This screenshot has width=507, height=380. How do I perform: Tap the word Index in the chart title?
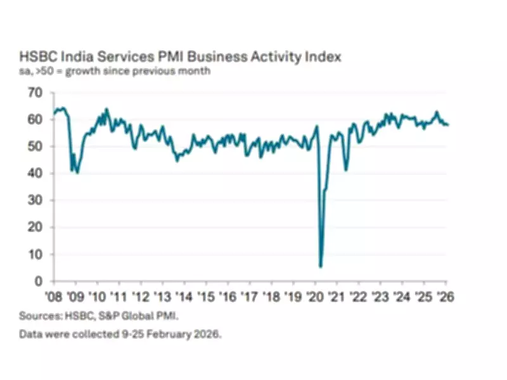323,57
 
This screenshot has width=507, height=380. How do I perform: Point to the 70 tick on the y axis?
37,93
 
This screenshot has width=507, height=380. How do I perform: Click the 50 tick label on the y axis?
37,146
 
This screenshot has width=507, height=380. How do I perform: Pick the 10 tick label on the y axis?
37,255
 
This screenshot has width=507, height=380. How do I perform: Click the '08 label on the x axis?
54,296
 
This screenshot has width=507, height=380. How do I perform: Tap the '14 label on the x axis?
184,296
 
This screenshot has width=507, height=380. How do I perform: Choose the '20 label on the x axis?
316,296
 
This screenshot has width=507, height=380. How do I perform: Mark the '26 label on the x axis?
446,296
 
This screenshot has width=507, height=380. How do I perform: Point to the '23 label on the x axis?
381,296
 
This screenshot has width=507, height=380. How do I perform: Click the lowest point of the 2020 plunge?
321,267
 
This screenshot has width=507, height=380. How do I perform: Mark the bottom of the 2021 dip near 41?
346,170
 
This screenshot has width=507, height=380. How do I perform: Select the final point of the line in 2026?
448,125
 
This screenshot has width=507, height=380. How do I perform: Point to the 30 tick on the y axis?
37,200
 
